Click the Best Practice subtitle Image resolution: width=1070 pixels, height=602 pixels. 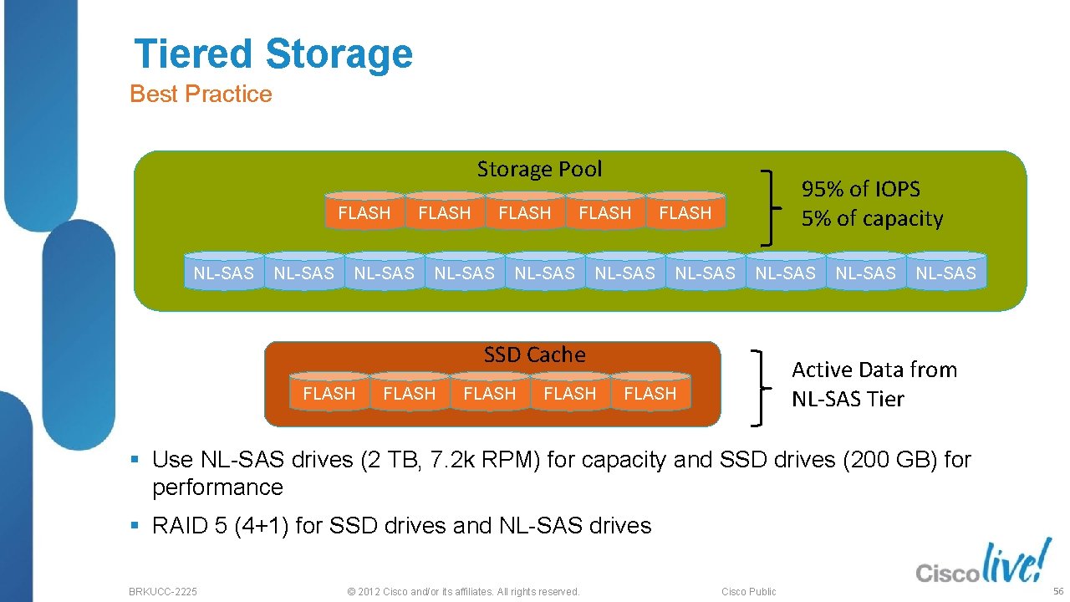[x=201, y=94]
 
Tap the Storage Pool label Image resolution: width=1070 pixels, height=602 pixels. [x=539, y=169]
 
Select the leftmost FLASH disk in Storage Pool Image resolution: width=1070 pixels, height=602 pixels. [x=364, y=212]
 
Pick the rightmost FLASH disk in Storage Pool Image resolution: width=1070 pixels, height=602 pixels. [x=685, y=212]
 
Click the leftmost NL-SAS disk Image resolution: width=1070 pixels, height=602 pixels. [x=223, y=273]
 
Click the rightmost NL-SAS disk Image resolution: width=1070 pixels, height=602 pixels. [x=945, y=273]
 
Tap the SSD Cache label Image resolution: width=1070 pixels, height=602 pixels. [x=534, y=355]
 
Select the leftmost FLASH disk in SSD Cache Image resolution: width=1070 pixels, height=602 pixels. [x=329, y=393]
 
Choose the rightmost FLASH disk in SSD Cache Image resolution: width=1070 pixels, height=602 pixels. [x=650, y=393]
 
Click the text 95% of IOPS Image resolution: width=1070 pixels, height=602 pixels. [x=860, y=189]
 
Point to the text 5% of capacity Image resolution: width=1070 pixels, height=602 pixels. [x=872, y=219]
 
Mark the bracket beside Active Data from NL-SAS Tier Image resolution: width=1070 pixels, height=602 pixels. [x=760, y=387]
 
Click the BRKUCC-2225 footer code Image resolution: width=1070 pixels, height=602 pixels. [x=163, y=592]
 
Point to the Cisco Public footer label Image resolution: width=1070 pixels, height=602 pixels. [x=748, y=592]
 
